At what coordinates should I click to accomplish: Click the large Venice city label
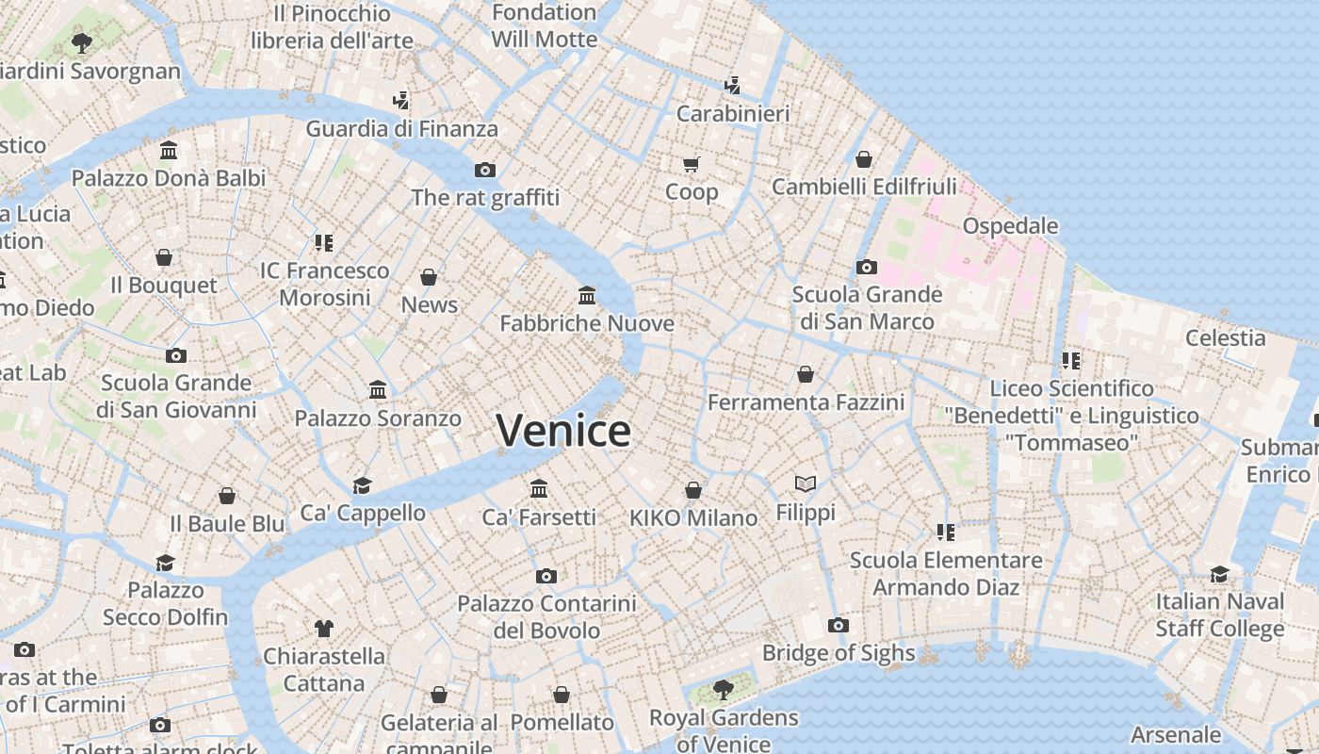pyautogui.click(x=563, y=431)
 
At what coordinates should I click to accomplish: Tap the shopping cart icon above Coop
pyautogui.click(x=692, y=165)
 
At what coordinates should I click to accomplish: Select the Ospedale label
pyautogui.click(x=1010, y=226)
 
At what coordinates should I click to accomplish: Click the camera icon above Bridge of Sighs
pyautogui.click(x=838, y=625)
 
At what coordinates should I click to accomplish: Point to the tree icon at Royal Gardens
pyautogui.click(x=724, y=690)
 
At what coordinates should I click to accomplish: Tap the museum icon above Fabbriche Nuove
pyautogui.click(x=587, y=296)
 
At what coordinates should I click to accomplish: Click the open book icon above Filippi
pyautogui.click(x=806, y=484)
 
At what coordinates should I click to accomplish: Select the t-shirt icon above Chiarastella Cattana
pyautogui.click(x=324, y=628)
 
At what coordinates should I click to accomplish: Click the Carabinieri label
pyautogui.click(x=733, y=113)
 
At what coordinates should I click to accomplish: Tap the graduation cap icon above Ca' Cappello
pyautogui.click(x=362, y=485)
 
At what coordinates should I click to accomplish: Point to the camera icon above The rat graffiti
pyautogui.click(x=485, y=170)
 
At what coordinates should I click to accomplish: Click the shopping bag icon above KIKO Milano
pyautogui.click(x=693, y=490)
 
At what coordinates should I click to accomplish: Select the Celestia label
pyautogui.click(x=1225, y=337)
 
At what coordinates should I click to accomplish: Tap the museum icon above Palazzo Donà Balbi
pyautogui.click(x=169, y=150)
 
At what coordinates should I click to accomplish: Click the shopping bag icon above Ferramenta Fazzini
pyautogui.click(x=806, y=374)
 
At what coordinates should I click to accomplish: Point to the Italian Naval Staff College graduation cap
pyautogui.click(x=1219, y=574)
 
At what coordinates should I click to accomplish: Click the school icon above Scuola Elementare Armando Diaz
pyautogui.click(x=946, y=533)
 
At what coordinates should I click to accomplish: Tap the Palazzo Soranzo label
pyautogui.click(x=378, y=418)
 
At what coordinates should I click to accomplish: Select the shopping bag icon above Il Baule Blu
pyautogui.click(x=227, y=496)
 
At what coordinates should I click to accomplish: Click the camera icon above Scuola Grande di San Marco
pyautogui.click(x=867, y=267)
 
